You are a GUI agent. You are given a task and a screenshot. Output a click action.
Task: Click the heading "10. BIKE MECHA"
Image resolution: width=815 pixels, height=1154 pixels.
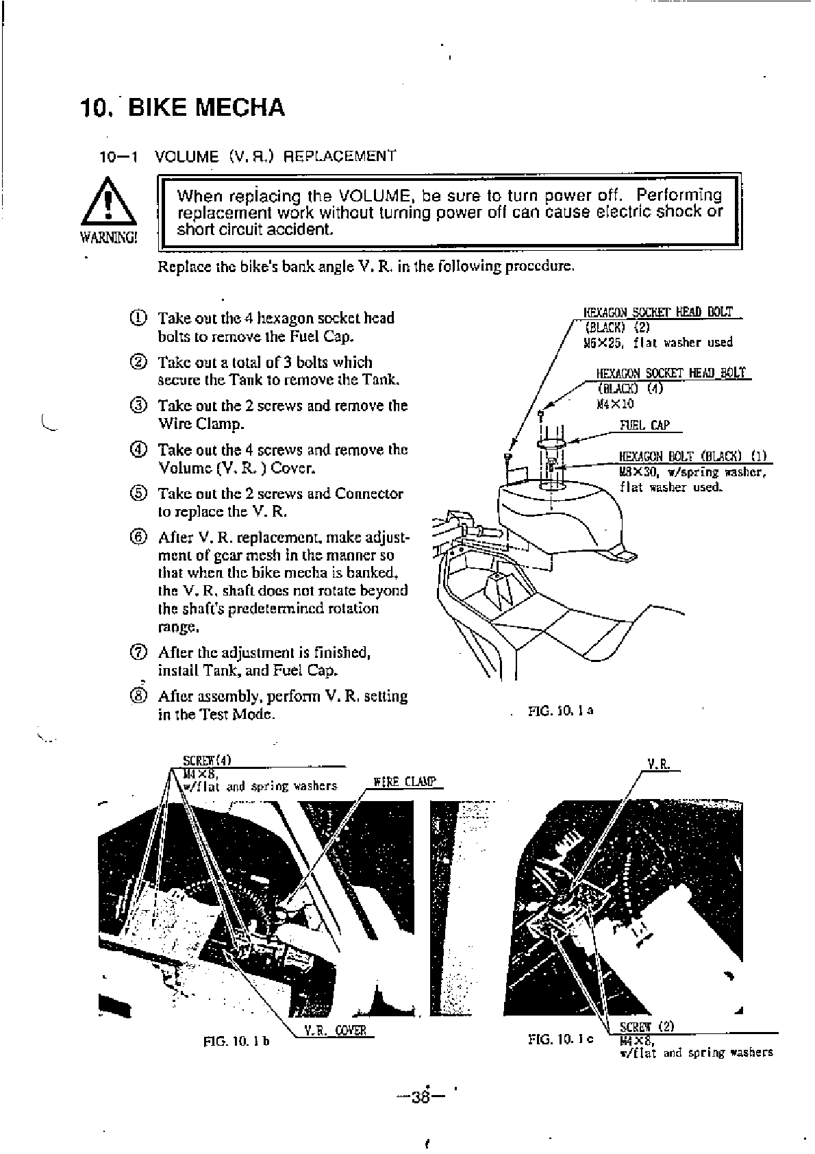pyautogui.click(x=182, y=108)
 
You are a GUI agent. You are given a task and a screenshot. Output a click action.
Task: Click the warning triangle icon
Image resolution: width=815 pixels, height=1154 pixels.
pyautogui.click(x=108, y=204)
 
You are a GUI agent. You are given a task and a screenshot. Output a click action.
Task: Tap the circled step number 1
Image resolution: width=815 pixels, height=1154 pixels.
pyautogui.click(x=138, y=318)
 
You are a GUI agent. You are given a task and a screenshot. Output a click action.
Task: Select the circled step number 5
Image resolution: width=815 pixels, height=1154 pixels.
pyautogui.click(x=138, y=493)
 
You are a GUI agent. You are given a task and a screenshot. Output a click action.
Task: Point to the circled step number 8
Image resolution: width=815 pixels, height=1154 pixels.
pyautogui.click(x=138, y=696)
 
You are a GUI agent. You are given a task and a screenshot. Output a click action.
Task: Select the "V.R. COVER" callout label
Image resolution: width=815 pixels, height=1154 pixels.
pyautogui.click(x=336, y=1031)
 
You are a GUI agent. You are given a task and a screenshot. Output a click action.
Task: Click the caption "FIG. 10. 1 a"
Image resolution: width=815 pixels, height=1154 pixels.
pyautogui.click(x=560, y=711)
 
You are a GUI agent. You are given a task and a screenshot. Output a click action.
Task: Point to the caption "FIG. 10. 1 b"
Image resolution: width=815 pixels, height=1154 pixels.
pyautogui.click(x=236, y=1042)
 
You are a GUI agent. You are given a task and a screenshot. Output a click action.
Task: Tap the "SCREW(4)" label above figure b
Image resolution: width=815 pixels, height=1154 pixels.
pyautogui.click(x=208, y=760)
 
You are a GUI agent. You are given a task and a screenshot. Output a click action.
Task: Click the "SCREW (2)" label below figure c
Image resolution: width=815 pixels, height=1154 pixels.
pyautogui.click(x=647, y=1027)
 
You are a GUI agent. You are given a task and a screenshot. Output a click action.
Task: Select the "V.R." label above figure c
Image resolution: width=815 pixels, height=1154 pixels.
pyautogui.click(x=658, y=763)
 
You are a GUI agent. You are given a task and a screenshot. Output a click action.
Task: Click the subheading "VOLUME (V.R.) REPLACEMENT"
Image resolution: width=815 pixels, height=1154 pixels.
pyautogui.click(x=275, y=156)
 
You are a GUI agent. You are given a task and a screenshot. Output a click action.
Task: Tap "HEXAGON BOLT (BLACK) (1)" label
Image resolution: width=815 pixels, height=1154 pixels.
pyautogui.click(x=692, y=457)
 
